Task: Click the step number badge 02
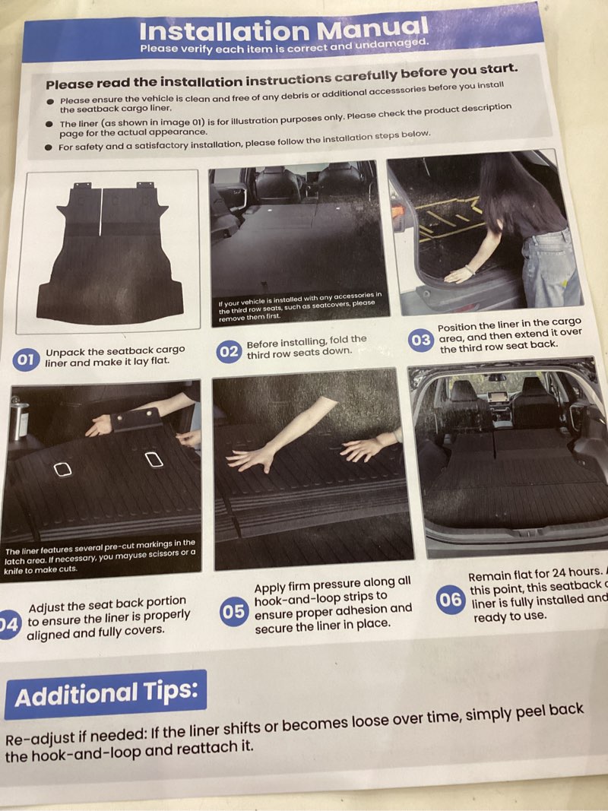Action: [229, 351]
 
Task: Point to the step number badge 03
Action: [420, 340]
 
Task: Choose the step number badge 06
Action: [450, 600]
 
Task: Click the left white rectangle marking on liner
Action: [62, 470]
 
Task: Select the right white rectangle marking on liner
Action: [154, 459]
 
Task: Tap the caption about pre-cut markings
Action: [100, 556]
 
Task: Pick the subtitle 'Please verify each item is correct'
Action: [283, 47]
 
